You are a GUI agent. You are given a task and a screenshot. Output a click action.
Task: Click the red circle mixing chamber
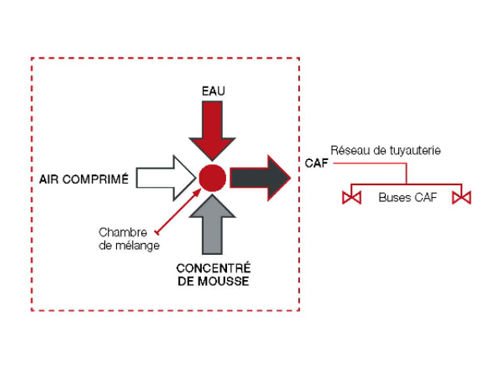[x=212, y=177]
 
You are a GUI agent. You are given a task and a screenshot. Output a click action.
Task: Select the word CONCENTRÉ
[x=213, y=269]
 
